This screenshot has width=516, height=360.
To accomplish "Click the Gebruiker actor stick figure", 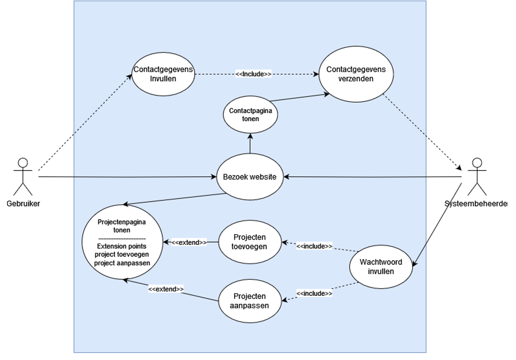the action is (23, 176).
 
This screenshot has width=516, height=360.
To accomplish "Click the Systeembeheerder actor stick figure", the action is (477, 176).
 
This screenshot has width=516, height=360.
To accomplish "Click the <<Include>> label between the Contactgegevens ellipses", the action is (253, 74).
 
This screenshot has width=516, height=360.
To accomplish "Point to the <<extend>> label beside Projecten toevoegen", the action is (189, 243).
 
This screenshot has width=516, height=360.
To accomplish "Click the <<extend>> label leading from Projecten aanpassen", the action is (166, 289).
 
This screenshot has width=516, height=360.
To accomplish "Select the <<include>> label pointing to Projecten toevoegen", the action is (314, 246).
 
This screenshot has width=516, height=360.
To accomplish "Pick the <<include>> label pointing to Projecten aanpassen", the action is (314, 293).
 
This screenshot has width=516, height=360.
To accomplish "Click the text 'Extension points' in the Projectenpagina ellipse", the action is (122, 246).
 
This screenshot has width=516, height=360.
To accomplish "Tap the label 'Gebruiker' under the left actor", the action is (24, 204).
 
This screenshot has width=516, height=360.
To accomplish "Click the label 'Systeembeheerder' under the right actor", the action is (476, 204).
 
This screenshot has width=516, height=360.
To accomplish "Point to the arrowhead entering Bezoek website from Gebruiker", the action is (214, 176).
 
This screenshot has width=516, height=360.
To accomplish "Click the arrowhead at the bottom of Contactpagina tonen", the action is (250, 136).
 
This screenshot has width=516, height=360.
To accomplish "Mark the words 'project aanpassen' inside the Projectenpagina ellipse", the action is (122, 263).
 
